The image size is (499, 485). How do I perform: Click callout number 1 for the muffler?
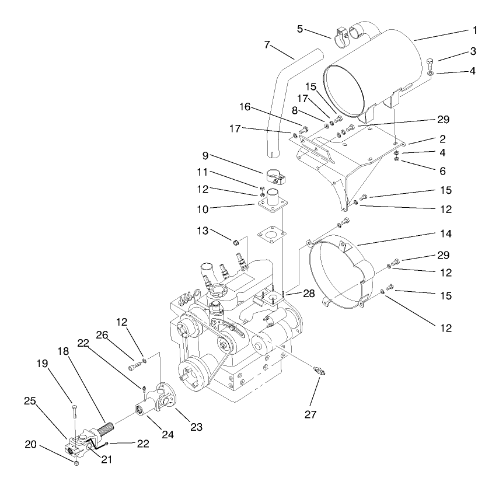[x=474, y=29]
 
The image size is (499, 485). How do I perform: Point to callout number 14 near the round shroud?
[x=446, y=233]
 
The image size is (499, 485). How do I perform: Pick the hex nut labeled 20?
[x=76, y=463]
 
